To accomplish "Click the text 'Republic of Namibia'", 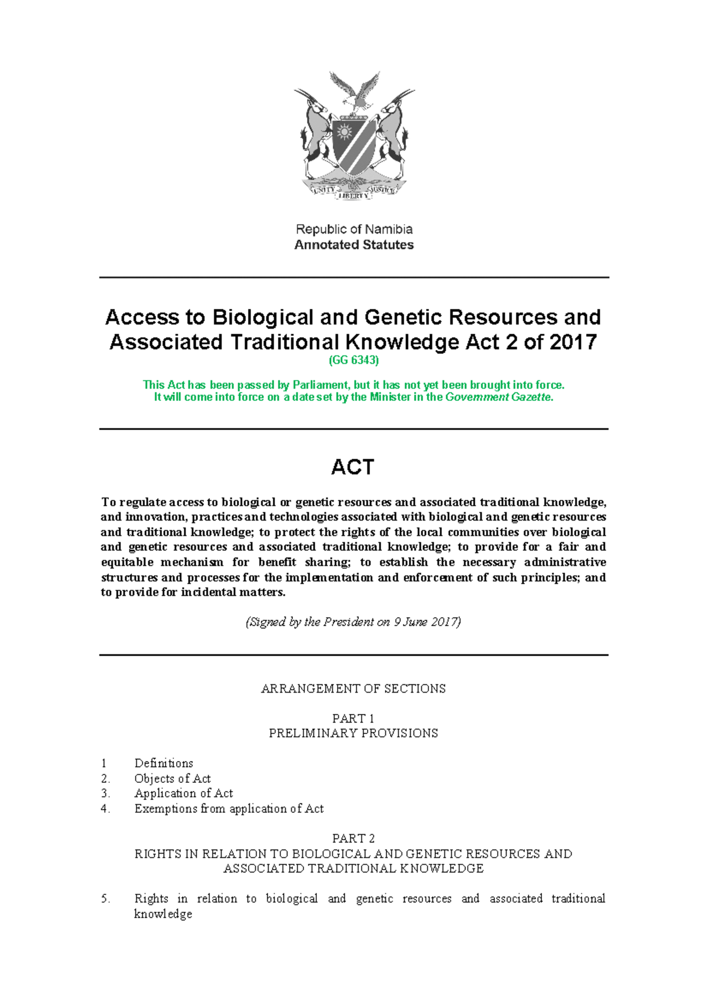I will (x=354, y=229).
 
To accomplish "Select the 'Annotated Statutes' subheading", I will (x=354, y=245).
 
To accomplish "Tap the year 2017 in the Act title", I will (x=573, y=342).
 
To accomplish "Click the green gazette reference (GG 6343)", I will (x=353, y=360).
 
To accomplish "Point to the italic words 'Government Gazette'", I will (x=498, y=397).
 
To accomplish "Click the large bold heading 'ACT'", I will (x=353, y=467).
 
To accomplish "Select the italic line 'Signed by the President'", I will (x=353, y=622).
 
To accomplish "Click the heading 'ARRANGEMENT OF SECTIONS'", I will (x=353, y=689).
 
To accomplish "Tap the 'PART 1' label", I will (x=353, y=719).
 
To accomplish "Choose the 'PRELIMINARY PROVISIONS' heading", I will (x=353, y=733).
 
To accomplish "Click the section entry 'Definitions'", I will (x=164, y=763).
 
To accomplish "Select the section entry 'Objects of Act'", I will (x=173, y=779).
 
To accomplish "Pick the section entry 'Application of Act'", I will (x=184, y=793).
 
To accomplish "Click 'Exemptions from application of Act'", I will (x=229, y=809).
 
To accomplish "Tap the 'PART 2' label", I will (x=353, y=838).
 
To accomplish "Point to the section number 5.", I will (x=105, y=899).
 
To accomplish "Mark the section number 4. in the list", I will (x=105, y=809).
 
